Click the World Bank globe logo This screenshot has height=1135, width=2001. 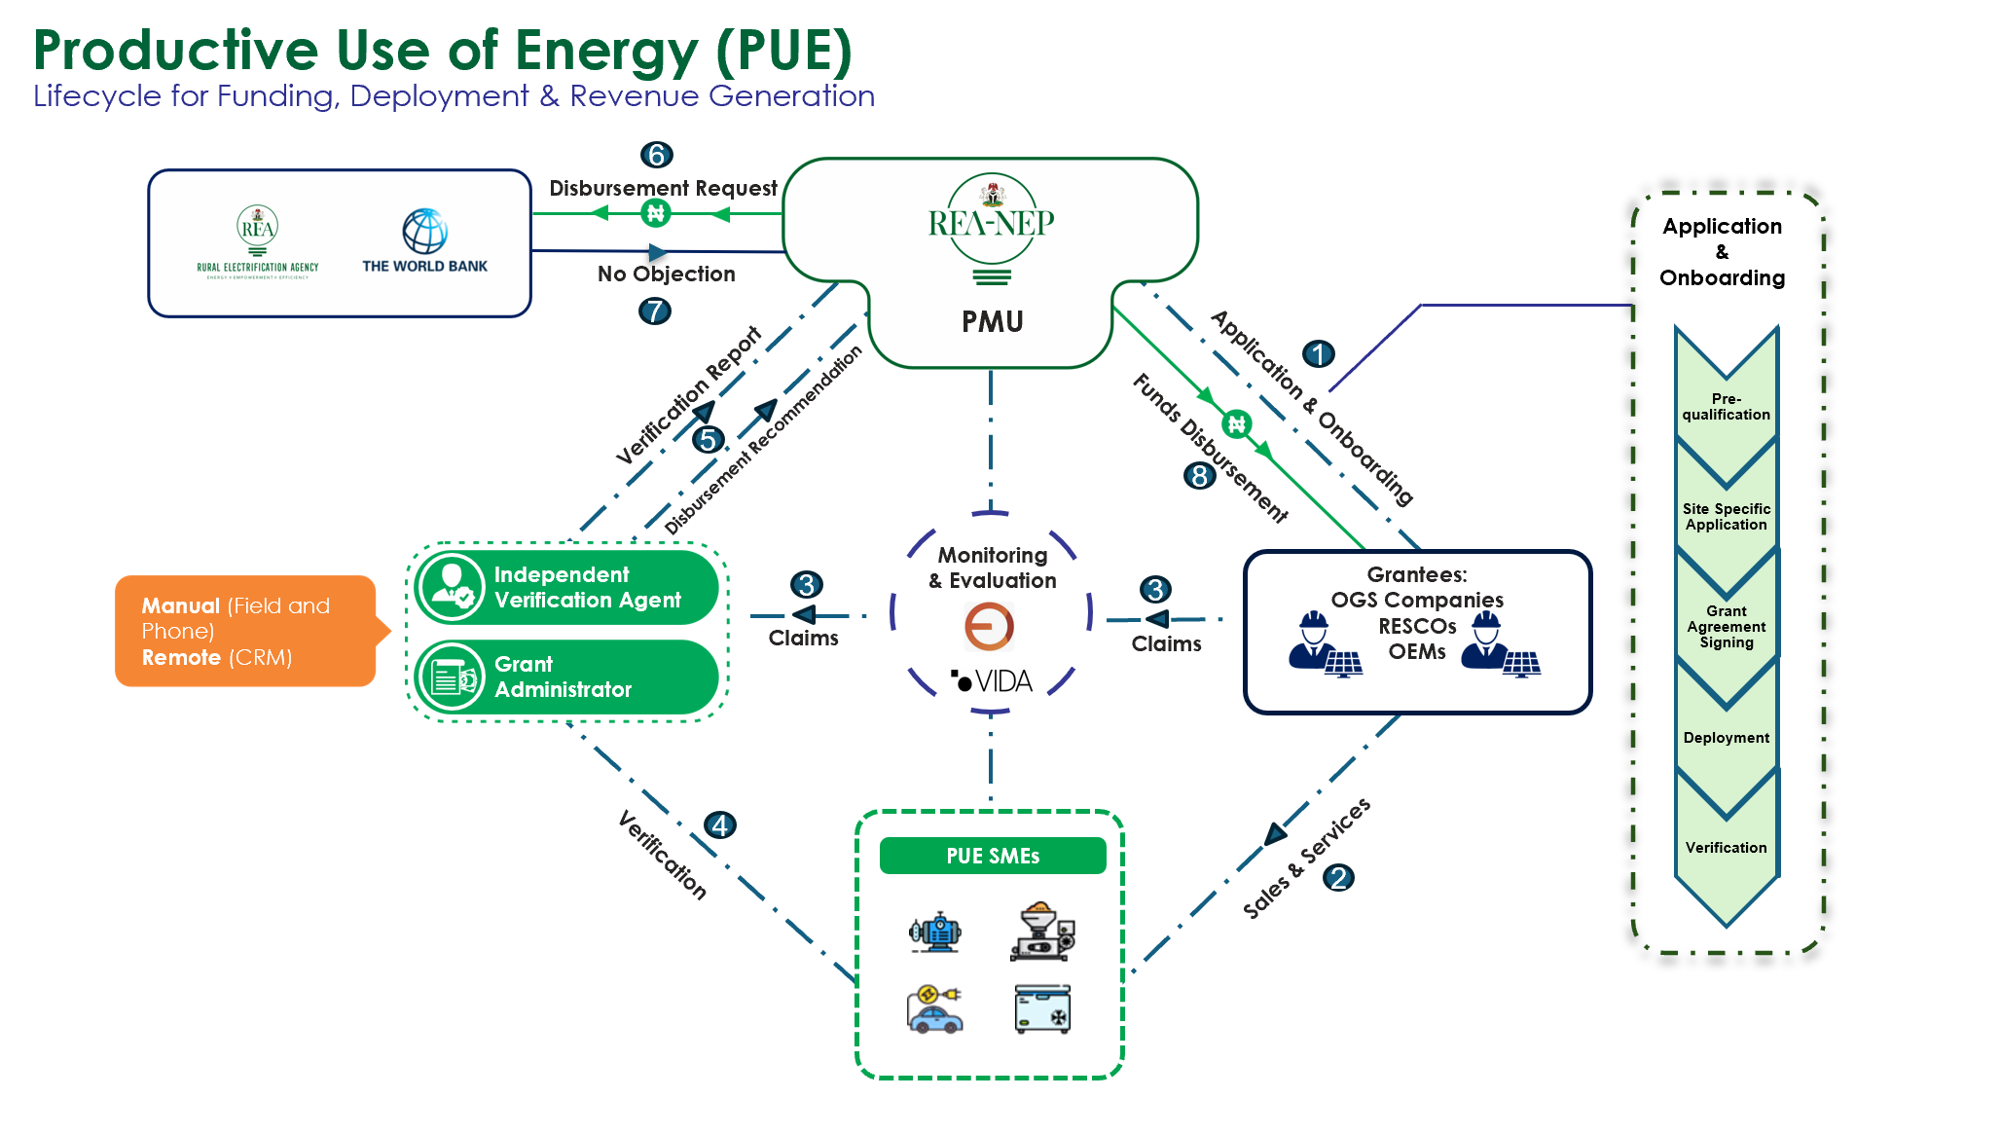(425, 232)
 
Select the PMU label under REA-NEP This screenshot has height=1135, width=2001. (992, 322)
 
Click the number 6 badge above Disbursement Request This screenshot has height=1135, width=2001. (657, 155)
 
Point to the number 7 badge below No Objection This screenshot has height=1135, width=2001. (655, 311)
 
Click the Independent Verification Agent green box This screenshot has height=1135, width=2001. (566, 588)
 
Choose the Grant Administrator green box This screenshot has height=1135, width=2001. (566, 677)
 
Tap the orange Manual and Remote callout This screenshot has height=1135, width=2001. (245, 631)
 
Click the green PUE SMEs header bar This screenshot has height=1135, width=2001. (993, 856)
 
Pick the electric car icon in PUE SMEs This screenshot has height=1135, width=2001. (934, 1009)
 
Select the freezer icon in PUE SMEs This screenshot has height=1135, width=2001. (1042, 1009)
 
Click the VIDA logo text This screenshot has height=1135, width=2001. (993, 681)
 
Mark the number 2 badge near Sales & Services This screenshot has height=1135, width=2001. (1338, 878)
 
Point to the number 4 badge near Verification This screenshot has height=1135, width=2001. (720, 825)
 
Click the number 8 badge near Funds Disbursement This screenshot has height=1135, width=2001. (1199, 476)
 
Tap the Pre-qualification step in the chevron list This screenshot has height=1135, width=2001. (1727, 406)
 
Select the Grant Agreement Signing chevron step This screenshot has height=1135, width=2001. (1727, 626)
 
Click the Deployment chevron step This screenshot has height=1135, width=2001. (1727, 737)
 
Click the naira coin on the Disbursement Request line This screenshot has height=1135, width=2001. (656, 212)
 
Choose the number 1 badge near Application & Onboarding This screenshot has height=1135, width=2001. (1319, 353)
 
